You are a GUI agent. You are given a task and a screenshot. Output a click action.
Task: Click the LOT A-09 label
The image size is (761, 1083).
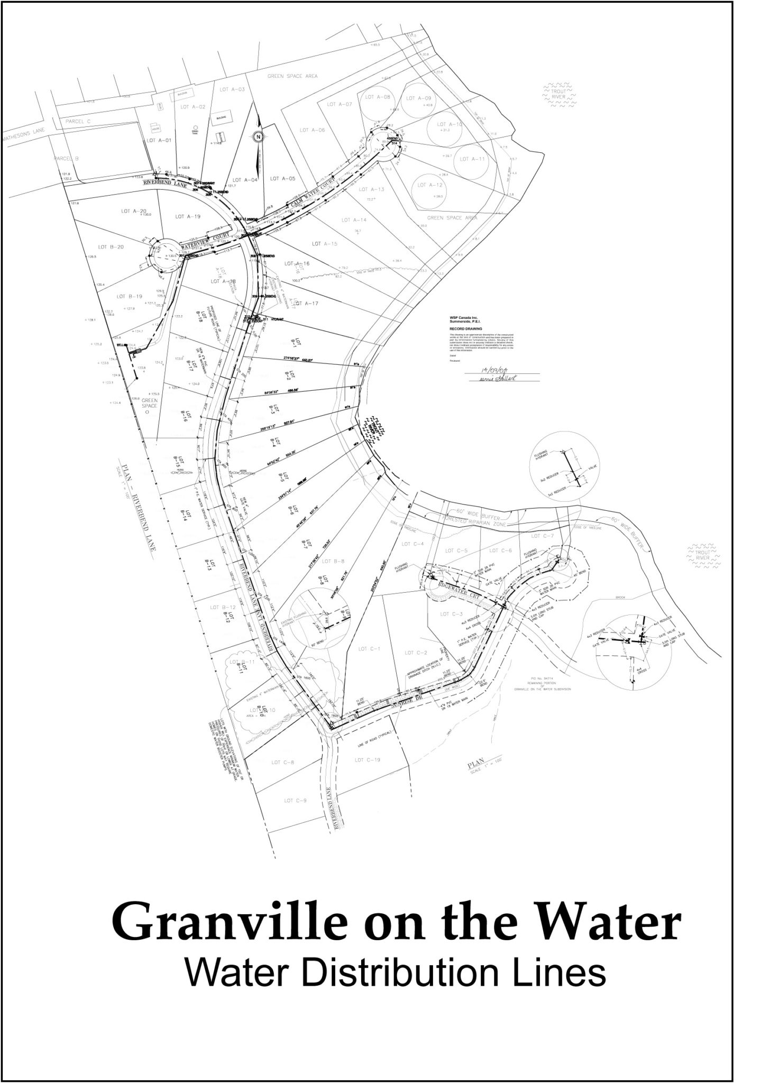[x=419, y=98]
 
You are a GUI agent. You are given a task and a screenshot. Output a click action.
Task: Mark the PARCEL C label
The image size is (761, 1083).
[x=78, y=121]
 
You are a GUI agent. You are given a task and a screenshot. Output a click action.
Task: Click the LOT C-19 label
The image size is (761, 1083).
[x=367, y=760]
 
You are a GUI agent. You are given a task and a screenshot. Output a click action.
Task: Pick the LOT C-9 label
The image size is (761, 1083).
[x=295, y=801]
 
